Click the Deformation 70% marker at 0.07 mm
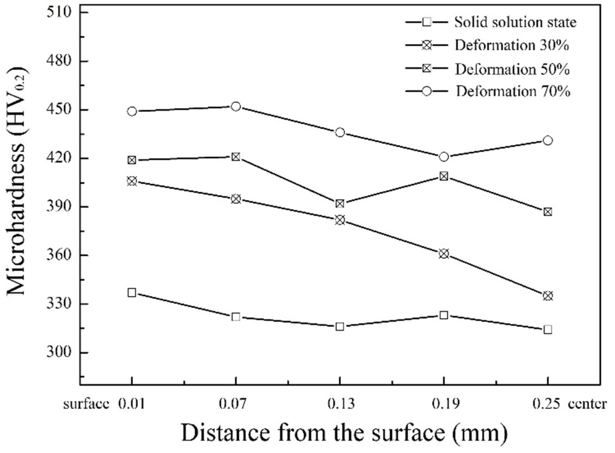coord(236,106)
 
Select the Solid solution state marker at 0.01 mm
coord(132,293)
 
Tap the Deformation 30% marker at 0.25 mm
coord(548,296)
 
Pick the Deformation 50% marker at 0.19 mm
coord(444,176)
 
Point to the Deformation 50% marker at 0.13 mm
coord(340,204)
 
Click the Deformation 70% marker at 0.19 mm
coord(444,157)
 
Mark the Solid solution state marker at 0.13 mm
coord(340,327)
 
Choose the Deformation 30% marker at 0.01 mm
coord(132,181)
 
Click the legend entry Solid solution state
coord(515,22)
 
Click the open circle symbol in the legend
coord(427,91)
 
